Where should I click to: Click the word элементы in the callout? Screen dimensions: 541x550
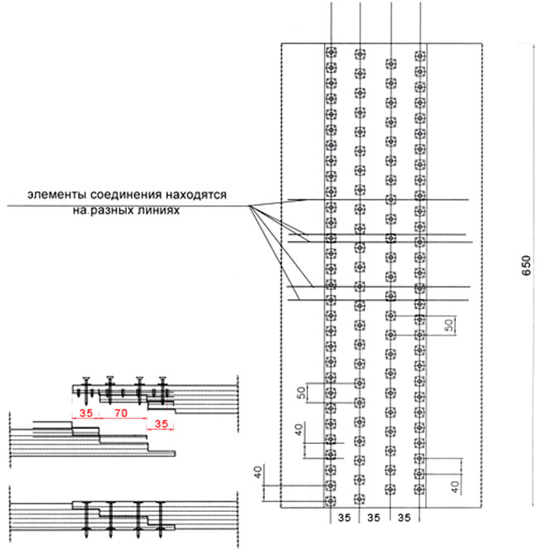pos(57,195)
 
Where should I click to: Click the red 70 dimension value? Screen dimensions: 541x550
pos(121,412)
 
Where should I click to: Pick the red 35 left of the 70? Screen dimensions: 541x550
pos(86,412)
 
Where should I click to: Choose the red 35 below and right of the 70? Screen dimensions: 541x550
pos(162,424)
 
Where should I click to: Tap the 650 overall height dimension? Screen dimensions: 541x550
pos(527,266)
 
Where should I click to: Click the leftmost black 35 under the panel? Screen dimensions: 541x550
pos(344,518)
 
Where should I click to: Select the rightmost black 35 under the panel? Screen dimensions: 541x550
pos(404,518)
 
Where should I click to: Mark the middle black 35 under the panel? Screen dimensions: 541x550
pos(374,518)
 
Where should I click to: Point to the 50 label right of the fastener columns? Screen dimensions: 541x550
pos(449,326)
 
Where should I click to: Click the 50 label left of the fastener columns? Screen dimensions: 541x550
pos(301,393)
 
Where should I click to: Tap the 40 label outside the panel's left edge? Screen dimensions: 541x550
pos(258,472)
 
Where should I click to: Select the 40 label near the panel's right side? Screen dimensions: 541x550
pos(455,487)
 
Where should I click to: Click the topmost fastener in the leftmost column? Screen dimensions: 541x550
pos(331,52)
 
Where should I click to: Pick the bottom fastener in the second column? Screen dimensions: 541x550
pos(360,499)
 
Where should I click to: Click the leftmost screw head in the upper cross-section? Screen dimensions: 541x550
pos(86,379)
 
